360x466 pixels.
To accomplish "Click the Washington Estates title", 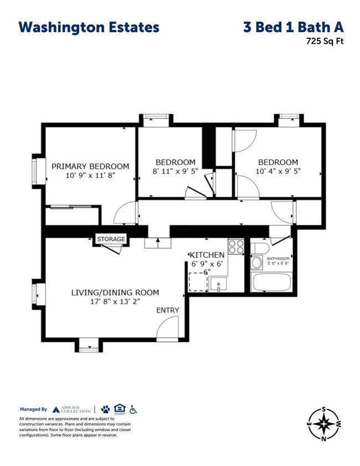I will coord(89,27).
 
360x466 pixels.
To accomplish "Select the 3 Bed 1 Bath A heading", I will coord(293,27).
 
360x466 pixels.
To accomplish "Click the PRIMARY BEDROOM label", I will coord(90,166).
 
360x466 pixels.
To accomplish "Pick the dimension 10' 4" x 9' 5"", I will coord(278,171).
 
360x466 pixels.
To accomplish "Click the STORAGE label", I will coord(111,239).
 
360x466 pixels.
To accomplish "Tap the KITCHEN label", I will coord(208,255).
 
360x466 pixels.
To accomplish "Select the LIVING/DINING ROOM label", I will coord(115,293).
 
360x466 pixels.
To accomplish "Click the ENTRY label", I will coord(167,310).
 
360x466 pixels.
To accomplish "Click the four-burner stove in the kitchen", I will coord(236,246).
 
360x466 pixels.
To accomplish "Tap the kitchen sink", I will coord(219,284).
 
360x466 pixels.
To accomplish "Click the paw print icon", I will coord(105,409).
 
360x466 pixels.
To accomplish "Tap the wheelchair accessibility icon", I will coord(133,409).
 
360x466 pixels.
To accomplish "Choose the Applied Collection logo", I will coord(70,409).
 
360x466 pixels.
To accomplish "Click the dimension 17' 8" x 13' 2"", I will coord(115,302).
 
